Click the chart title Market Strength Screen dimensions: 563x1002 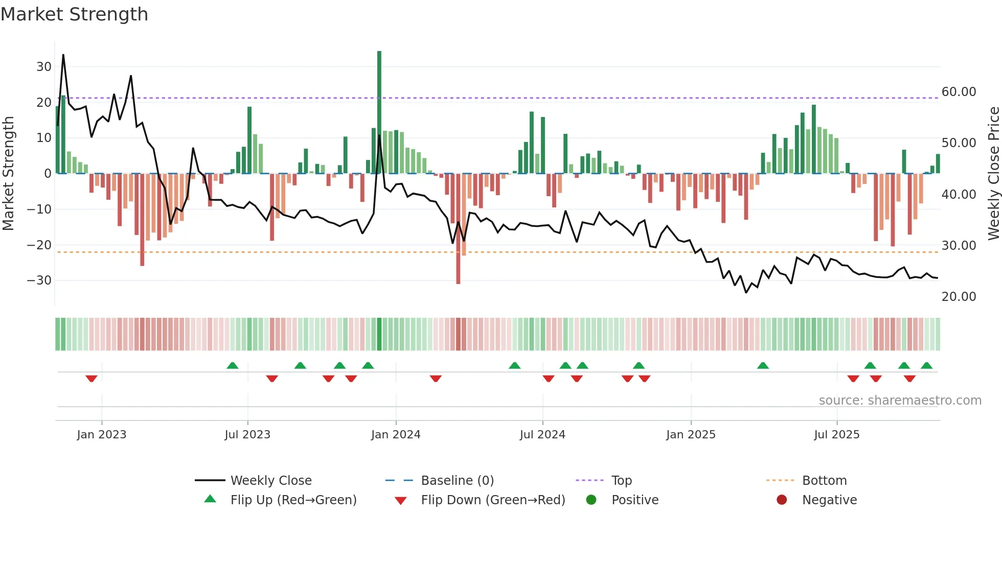click(75, 14)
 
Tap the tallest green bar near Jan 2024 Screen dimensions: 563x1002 click(379, 112)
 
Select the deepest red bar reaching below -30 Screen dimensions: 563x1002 click(458, 230)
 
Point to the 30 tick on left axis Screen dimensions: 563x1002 click(44, 67)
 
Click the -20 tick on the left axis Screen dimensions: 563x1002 click(39, 245)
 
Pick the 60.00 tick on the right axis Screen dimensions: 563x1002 click(959, 92)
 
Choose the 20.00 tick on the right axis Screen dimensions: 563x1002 click(959, 297)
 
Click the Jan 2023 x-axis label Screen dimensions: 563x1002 click(102, 435)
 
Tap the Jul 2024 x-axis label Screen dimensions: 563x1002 click(542, 435)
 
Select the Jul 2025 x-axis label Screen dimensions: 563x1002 click(837, 435)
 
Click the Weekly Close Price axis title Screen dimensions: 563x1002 click(993, 174)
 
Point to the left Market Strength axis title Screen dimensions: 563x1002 click(9, 174)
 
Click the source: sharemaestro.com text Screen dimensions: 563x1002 click(900, 401)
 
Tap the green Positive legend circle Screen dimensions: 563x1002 click(591, 500)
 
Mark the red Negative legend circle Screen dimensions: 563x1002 click(782, 500)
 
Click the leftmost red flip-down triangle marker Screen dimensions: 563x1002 click(92, 379)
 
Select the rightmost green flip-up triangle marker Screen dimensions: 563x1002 click(927, 365)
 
